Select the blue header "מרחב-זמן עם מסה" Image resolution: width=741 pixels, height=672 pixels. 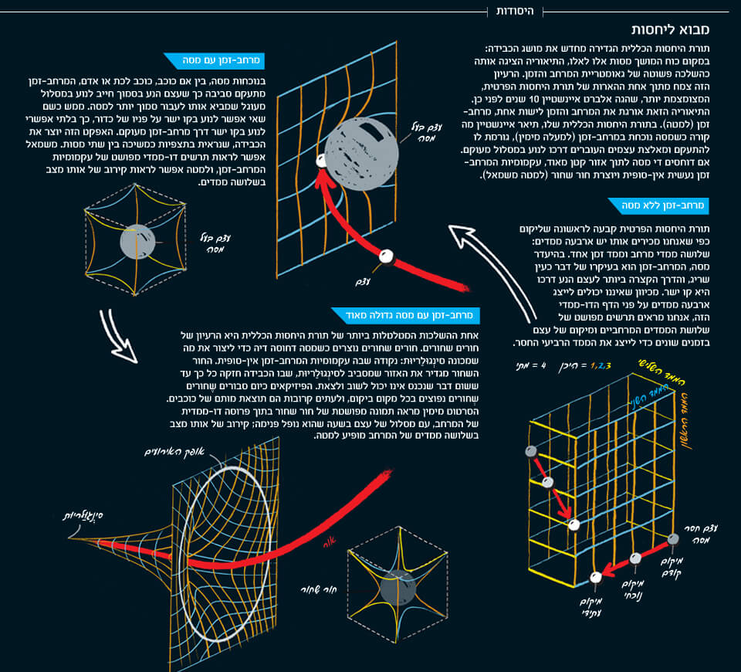click(213, 59)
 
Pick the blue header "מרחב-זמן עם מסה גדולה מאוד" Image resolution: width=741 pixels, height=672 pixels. click(406, 315)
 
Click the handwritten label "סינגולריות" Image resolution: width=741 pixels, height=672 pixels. click(84, 513)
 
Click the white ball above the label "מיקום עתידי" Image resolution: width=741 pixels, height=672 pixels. click(595, 578)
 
